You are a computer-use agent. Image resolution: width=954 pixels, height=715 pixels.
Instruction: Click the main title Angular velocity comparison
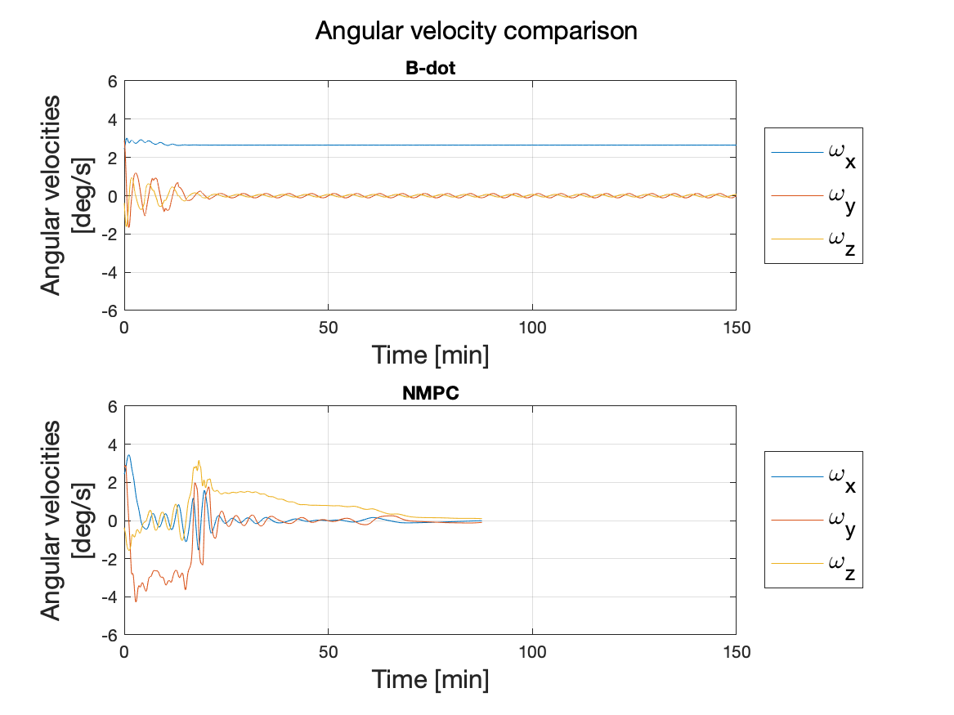pyautogui.click(x=476, y=31)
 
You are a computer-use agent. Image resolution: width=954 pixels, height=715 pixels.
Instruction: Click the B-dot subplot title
pyautogui.click(x=430, y=69)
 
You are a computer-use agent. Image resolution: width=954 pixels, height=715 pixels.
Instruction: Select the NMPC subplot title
pyautogui.click(x=430, y=394)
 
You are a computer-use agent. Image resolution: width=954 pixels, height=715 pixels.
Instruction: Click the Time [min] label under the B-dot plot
pyautogui.click(x=430, y=355)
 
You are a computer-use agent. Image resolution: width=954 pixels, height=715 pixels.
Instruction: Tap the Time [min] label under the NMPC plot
pyautogui.click(x=430, y=679)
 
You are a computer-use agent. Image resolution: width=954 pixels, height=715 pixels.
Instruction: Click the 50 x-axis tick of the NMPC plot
pyautogui.click(x=328, y=651)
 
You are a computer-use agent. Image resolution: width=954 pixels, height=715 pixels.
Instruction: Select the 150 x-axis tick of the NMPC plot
pyautogui.click(x=736, y=651)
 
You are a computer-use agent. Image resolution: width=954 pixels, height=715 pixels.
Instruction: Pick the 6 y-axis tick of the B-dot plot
pyautogui.click(x=113, y=81)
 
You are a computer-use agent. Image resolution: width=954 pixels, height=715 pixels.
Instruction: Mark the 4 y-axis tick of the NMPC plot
pyautogui.click(x=113, y=445)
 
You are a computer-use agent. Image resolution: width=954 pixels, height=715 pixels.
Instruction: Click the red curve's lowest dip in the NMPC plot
pyautogui.click(x=136, y=601)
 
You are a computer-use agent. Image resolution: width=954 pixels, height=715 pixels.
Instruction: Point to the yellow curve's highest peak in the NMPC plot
pyautogui.click(x=198, y=461)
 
